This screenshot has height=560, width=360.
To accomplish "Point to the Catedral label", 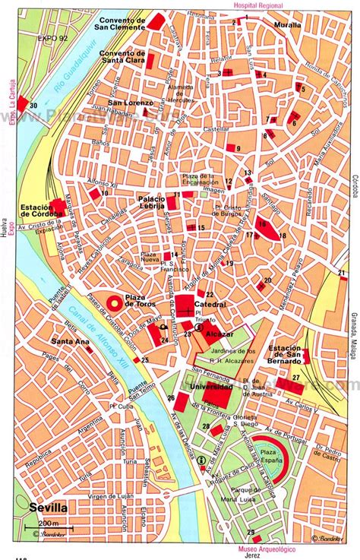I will [x=210, y=304].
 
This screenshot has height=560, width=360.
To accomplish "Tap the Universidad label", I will [x=191, y=387].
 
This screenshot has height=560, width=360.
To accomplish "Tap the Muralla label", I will [x=286, y=24].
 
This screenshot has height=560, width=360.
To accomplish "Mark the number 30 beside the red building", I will [x=33, y=104].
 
